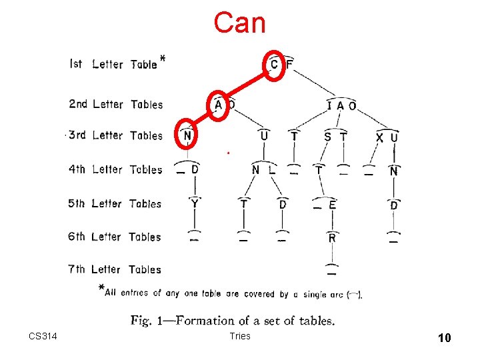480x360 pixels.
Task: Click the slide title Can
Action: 239,23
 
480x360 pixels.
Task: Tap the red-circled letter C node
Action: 274,64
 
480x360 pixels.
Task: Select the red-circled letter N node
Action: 187,136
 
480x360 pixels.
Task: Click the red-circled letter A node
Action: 219,105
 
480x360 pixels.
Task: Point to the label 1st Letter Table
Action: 113,64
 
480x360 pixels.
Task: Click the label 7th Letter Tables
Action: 115,269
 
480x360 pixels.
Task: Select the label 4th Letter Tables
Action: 115,169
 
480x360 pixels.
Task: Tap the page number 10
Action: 444,338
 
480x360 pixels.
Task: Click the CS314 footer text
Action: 43,336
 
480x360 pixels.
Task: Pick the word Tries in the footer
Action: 239,336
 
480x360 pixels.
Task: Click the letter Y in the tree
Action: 194,204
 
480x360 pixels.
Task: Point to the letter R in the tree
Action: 332,237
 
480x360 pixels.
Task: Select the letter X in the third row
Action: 379,137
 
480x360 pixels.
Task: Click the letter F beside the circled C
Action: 289,64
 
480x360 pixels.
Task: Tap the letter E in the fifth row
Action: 332,205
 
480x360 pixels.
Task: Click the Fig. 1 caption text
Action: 233,321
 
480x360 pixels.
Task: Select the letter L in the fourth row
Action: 272,170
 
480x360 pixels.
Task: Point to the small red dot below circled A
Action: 227,153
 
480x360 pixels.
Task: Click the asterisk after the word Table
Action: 163,59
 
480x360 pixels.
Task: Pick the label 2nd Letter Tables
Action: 115,104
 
